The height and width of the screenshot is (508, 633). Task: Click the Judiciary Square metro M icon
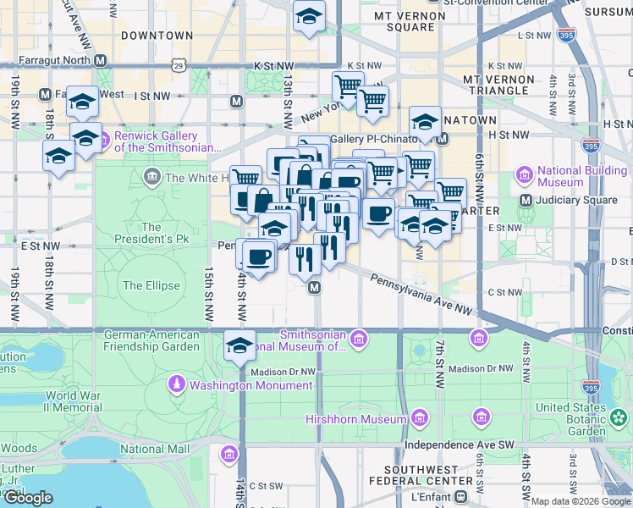pyautogui.click(x=526, y=201)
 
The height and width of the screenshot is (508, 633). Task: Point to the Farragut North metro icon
pyautogui.click(x=101, y=61)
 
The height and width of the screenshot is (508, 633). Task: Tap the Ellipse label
pyautogui.click(x=151, y=285)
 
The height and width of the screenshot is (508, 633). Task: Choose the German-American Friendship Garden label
pyautogui.click(x=151, y=340)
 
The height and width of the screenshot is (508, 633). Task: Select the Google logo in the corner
pyautogui.click(x=28, y=498)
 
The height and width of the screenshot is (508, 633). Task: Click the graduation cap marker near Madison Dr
pyautogui.click(x=239, y=346)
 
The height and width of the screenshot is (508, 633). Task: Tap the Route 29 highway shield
pyautogui.click(x=178, y=65)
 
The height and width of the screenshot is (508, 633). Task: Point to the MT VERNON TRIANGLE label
pyautogui.click(x=498, y=85)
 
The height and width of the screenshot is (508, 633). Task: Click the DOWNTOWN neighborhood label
pyautogui.click(x=157, y=36)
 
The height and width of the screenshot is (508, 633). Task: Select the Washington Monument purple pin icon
pyautogui.click(x=176, y=385)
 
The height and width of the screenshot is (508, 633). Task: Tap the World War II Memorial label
pyautogui.click(x=74, y=401)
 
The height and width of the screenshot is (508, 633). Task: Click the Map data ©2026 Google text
pyautogui.click(x=581, y=501)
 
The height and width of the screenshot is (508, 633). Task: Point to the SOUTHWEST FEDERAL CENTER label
pyautogui.click(x=427, y=475)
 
